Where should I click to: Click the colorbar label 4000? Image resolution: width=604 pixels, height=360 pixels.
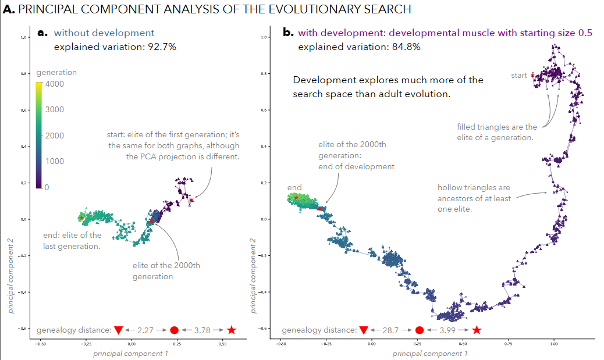[55, 84]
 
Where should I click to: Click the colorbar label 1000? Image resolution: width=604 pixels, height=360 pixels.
[55, 161]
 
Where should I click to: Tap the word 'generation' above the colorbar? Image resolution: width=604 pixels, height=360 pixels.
[56, 73]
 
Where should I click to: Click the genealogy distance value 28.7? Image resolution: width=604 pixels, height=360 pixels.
[390, 330]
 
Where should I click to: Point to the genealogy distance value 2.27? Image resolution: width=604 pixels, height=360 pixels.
[145, 330]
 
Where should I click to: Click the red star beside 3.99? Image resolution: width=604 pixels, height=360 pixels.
[477, 330]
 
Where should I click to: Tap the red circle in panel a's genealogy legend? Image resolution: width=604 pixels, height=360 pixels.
[174, 330]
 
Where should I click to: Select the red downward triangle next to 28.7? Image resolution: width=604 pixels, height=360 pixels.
[364, 330]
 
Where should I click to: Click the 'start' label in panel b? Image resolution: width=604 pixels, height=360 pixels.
[519, 75]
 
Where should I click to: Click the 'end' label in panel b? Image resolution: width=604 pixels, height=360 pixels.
[294, 187]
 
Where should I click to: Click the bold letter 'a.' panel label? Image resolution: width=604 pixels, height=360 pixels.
[43, 33]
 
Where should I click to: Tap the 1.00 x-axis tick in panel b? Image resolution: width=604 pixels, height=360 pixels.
[554, 344]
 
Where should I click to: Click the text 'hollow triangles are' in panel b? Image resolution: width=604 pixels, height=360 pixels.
[474, 188]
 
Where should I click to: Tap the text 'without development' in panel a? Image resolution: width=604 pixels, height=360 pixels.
[104, 33]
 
